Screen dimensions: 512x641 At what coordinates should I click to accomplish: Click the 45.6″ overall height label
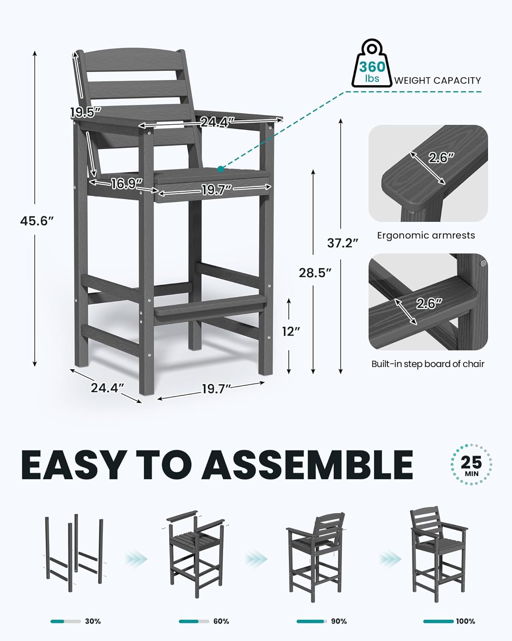coord(37,221)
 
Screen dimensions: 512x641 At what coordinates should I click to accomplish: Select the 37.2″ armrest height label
coord(343,243)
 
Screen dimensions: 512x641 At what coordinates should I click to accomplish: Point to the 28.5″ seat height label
coord(315,273)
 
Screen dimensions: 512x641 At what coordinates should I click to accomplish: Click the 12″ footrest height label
coord(291,331)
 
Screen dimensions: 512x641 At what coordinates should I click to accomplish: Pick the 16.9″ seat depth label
coord(127,184)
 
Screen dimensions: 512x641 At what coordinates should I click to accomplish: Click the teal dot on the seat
coord(220,169)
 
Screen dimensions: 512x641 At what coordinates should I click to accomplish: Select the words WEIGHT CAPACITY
coord(437,80)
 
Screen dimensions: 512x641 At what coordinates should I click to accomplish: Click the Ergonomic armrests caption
coord(426,235)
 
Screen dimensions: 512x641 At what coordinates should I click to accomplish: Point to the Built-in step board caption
coord(428,364)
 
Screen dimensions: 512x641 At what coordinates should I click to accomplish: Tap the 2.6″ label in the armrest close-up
coord(442,158)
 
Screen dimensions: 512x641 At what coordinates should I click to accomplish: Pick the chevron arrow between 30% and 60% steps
coord(137,559)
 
